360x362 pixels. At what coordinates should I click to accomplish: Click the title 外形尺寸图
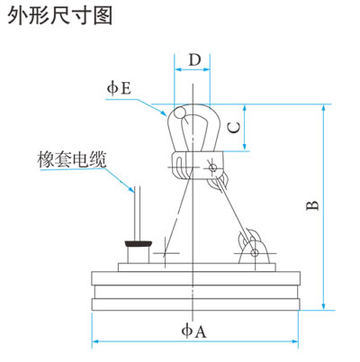point(60,15)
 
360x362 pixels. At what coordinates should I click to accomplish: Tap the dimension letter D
point(194,59)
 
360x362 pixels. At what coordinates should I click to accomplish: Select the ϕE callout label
point(119,88)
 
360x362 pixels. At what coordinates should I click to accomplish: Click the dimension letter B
point(312,205)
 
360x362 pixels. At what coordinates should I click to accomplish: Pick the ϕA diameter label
point(193,330)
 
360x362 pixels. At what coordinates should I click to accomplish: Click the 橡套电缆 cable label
point(72,159)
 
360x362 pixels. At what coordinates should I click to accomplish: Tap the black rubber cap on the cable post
point(138,243)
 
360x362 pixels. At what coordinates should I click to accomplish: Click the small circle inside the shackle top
point(181,113)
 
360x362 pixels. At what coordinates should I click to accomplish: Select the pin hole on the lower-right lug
point(255,253)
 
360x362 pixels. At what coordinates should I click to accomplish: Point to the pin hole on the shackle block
point(212,167)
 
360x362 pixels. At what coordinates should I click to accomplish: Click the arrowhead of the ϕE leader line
point(164,113)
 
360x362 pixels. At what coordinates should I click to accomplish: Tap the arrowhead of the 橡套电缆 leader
point(131,189)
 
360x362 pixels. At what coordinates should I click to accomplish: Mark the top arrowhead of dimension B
point(323,108)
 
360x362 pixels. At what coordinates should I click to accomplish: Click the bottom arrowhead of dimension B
point(323,306)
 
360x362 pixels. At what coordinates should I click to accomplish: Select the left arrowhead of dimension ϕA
point(95,341)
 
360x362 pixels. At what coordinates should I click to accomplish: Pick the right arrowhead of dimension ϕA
point(294,341)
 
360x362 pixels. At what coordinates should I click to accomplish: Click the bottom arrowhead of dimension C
point(246,147)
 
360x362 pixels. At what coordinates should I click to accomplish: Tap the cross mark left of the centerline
point(165,253)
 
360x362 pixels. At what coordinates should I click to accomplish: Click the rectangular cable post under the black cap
point(139,255)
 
